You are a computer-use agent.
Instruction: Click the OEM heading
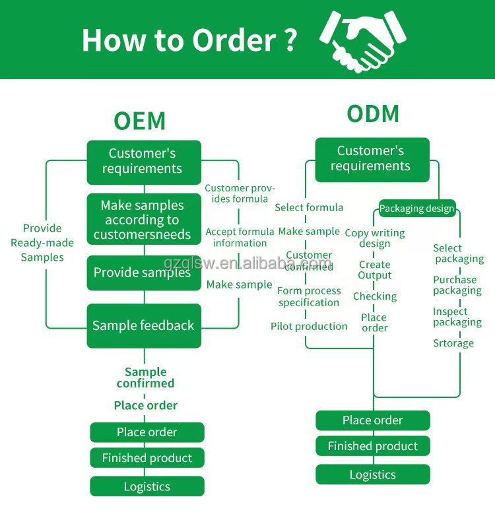139,121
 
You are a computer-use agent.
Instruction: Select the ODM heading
373,114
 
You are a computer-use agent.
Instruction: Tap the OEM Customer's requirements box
143,161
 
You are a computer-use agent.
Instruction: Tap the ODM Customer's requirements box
372,159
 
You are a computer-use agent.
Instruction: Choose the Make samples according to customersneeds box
143,220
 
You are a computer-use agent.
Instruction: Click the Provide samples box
143,273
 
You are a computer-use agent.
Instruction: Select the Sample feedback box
143,325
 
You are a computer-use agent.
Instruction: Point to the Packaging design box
416,209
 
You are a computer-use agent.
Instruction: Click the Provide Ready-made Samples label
42,243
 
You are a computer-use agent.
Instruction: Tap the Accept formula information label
240,237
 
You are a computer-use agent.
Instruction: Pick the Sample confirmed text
145,378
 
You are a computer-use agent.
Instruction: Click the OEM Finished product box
147,458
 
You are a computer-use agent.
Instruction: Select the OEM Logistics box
147,486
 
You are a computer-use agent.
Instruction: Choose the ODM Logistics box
372,475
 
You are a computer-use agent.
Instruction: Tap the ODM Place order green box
372,420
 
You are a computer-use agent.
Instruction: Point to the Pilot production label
309,326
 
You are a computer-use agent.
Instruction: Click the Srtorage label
453,343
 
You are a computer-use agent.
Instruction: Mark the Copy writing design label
375,238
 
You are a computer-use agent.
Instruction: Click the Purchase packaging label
457,285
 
